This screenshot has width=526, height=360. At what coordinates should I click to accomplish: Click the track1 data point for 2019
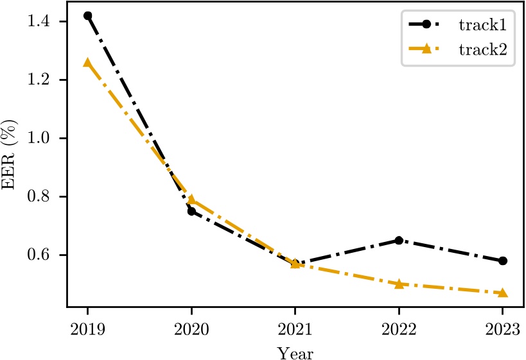click(x=87, y=15)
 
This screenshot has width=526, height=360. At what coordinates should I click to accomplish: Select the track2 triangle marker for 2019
click(x=87, y=62)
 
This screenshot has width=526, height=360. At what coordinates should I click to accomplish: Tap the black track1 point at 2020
click(x=191, y=211)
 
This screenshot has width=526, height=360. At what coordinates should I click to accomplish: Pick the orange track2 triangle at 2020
click(x=191, y=200)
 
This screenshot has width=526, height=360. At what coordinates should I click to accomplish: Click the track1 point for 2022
click(x=399, y=240)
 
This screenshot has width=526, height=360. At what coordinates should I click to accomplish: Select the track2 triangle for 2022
click(x=399, y=284)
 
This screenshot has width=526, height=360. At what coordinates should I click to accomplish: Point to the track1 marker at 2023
click(x=503, y=261)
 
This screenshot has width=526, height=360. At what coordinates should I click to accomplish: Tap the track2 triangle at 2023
click(x=503, y=293)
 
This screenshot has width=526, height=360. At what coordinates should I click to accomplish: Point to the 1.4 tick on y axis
click(x=44, y=22)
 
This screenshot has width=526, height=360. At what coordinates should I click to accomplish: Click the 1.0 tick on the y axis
click(x=44, y=138)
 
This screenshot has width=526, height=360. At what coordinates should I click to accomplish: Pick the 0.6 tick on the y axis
click(x=44, y=255)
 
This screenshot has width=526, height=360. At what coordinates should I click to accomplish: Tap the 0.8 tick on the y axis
click(x=44, y=196)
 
